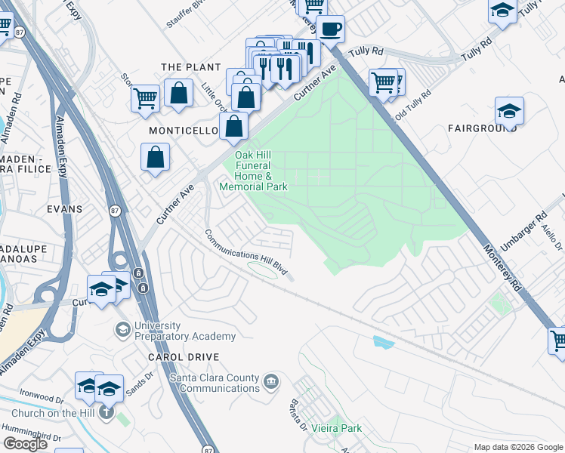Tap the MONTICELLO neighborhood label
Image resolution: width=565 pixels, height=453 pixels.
click(x=183, y=131)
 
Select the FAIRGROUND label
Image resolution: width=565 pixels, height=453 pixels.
click(x=482, y=129)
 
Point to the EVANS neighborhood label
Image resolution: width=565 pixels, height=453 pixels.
click(x=63, y=208)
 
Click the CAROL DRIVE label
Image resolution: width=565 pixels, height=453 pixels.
click(x=184, y=356)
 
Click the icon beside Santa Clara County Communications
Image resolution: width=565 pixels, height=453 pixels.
click(x=271, y=383)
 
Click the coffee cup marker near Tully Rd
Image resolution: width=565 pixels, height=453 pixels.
click(x=330, y=29)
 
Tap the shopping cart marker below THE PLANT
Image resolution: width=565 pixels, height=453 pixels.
click(x=144, y=97)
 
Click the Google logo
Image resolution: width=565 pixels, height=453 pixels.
click(x=25, y=444)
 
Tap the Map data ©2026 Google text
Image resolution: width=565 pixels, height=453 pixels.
click(x=517, y=447)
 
